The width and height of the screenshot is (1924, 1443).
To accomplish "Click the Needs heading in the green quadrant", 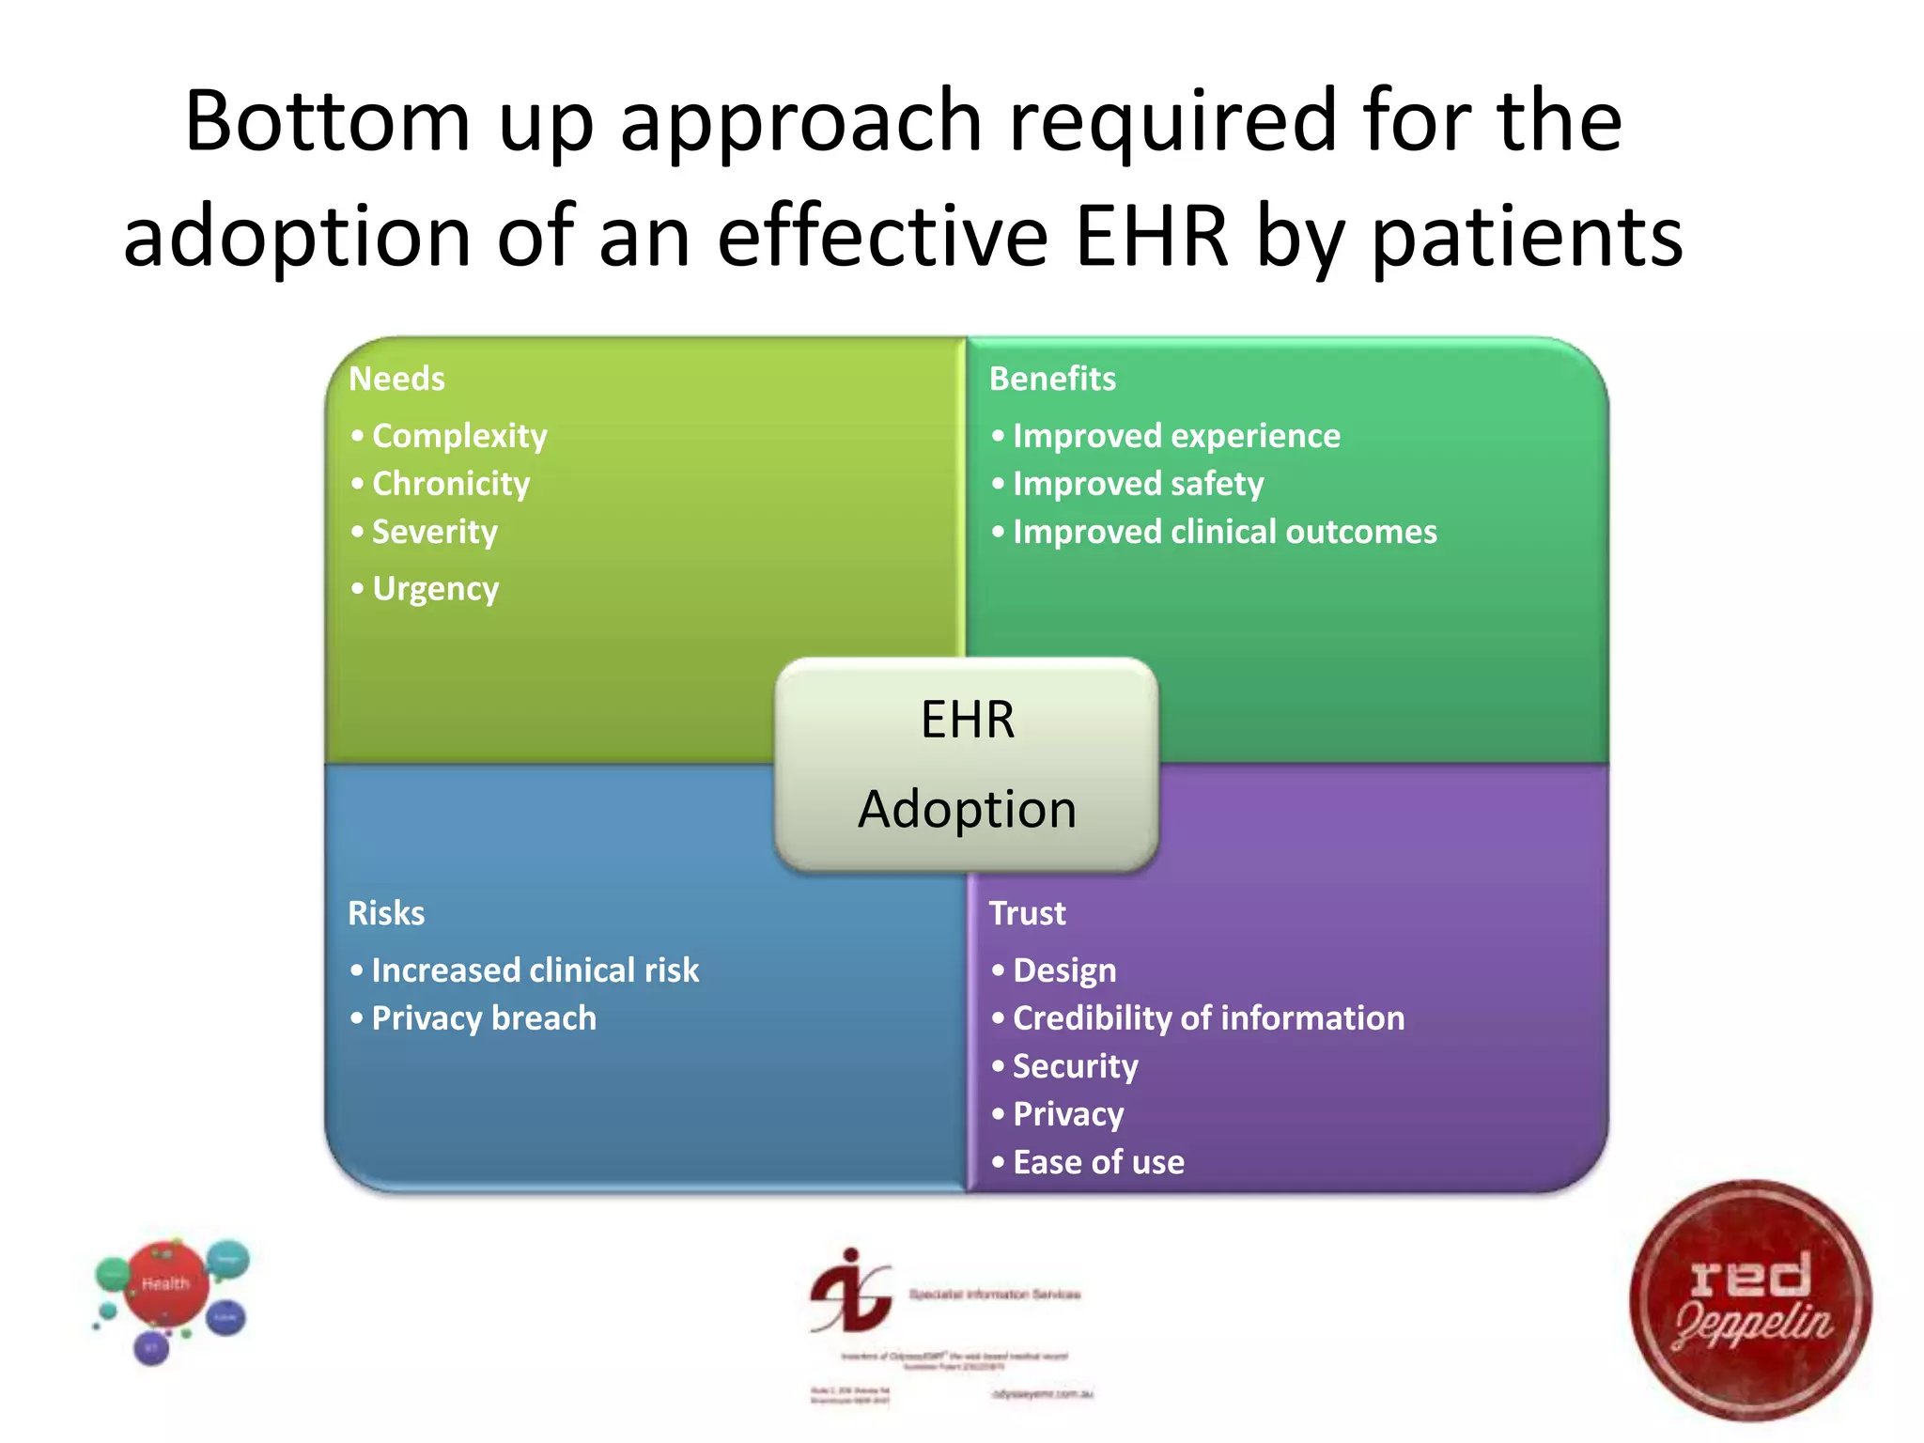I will coord(396,379).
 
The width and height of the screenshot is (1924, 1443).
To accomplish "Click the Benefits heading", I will coord(1052,379).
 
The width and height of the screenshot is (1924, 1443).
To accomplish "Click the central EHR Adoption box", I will coord(967,765).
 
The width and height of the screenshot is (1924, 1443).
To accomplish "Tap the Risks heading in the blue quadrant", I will coord(386,913).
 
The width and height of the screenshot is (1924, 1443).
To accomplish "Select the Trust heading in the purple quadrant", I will coord(1027,913).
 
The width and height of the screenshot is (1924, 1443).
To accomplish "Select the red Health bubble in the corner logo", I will coord(166,1283).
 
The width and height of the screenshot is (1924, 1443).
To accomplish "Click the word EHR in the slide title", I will coord(1151,237).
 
